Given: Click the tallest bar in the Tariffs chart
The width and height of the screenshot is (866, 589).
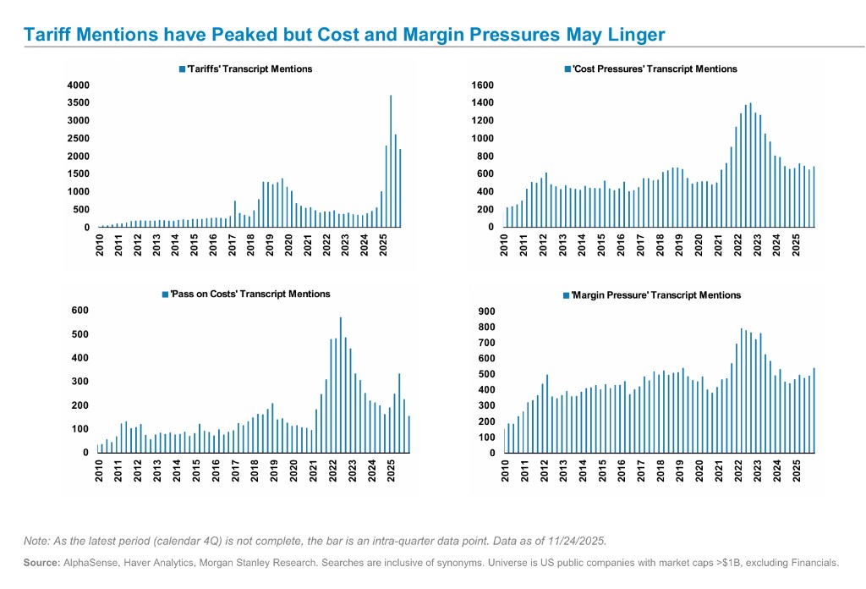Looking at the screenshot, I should tap(391, 161).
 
